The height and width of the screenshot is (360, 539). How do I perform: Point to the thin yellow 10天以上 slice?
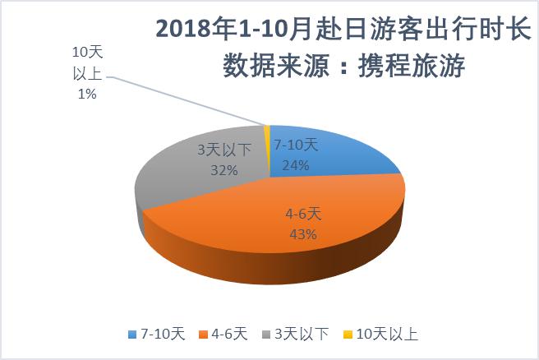(267, 140)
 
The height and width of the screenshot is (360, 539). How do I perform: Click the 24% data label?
(295, 164)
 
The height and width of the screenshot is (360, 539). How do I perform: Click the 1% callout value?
(88, 95)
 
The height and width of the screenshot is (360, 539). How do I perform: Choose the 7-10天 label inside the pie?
(296, 145)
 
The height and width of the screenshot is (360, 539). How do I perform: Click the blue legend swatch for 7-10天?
(134, 335)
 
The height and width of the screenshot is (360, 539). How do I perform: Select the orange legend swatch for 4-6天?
(207, 335)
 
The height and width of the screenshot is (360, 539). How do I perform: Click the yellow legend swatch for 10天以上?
(347, 335)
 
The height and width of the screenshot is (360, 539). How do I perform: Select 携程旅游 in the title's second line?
(421, 67)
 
